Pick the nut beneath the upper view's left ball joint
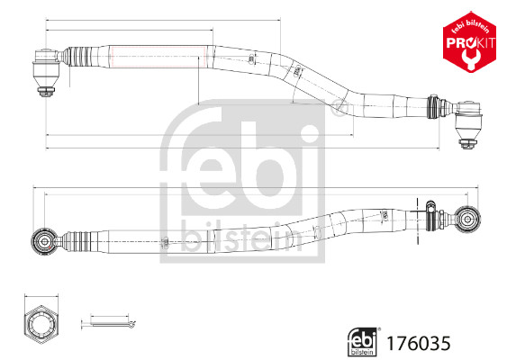pyautogui.click(x=44, y=91)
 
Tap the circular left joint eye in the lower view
pyautogui.click(x=41, y=240)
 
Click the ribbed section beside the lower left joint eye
pyautogui.click(x=78, y=240)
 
